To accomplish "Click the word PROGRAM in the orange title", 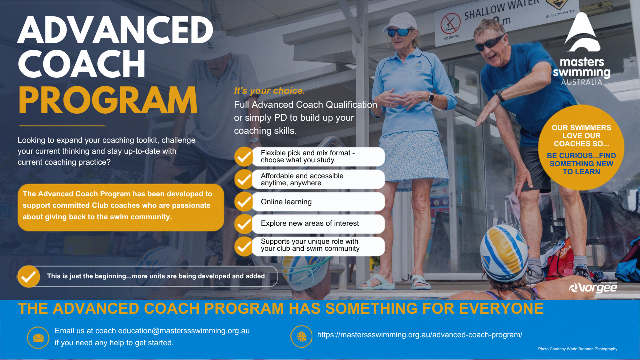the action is pyautogui.click(x=108, y=100).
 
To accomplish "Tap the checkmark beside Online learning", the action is pyautogui.click(x=244, y=201).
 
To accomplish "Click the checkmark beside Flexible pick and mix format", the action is pyautogui.click(x=244, y=157).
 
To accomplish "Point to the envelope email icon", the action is pyautogui.click(x=38, y=338).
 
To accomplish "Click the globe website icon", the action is pyautogui.click(x=301, y=337).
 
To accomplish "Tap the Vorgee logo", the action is pyautogui.click(x=593, y=287).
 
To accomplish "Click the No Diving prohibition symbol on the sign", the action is pyautogui.click(x=450, y=23).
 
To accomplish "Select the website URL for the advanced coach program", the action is pyautogui.click(x=420, y=335).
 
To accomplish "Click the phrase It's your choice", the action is pyautogui.click(x=269, y=91).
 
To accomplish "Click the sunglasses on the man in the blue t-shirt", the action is pyautogui.click(x=489, y=43).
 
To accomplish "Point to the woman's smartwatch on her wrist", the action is pyautogui.click(x=431, y=98).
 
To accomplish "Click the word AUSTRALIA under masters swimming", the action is pyautogui.click(x=581, y=82).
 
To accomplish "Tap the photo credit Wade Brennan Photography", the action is pyautogui.click(x=577, y=349).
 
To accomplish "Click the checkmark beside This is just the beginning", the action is pyautogui.click(x=29, y=276).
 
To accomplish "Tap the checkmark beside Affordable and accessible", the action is pyautogui.click(x=244, y=179).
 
